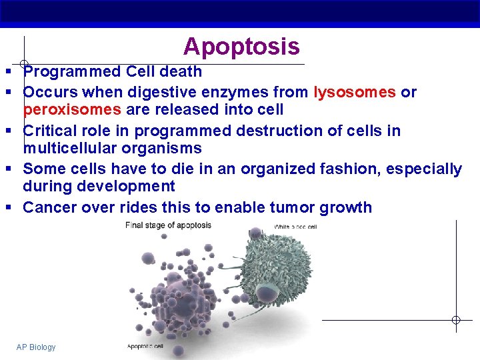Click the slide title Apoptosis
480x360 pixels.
click(241, 47)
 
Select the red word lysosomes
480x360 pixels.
click(355, 92)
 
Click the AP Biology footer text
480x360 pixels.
click(36, 347)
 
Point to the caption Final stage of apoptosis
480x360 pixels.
click(168, 225)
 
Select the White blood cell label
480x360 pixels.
click(295, 227)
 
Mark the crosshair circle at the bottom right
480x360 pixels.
click(456, 320)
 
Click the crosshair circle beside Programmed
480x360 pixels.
click(24, 64)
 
